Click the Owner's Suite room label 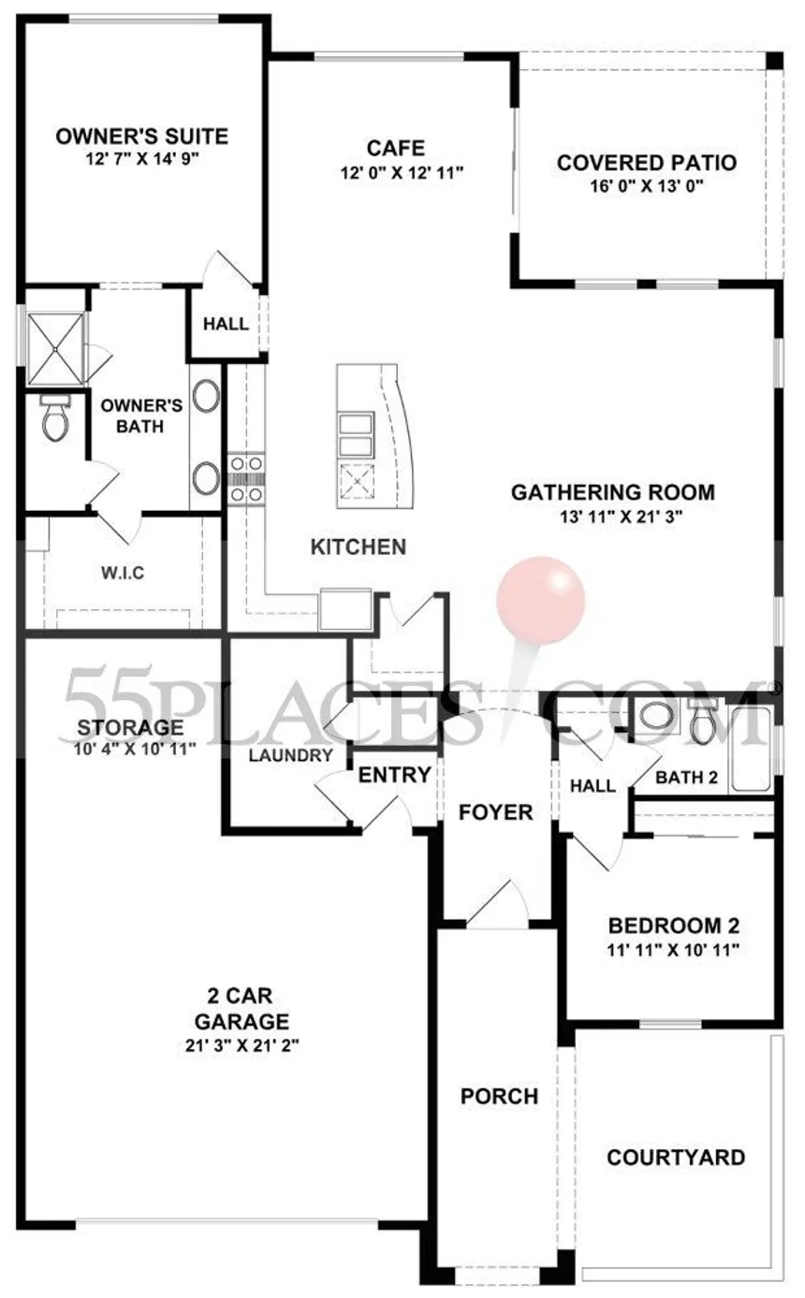[x=142, y=137]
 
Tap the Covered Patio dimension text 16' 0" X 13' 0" [x=647, y=186]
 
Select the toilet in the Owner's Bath [x=55, y=418]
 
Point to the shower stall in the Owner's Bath [x=55, y=349]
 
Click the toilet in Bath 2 [x=703, y=721]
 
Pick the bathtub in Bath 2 [x=751, y=748]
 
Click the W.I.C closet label [x=123, y=573]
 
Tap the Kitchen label [x=359, y=547]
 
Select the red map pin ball [x=540, y=600]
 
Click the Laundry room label [x=291, y=755]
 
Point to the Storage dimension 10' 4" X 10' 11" [x=135, y=750]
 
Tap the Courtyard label [x=676, y=1157]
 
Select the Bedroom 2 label [x=673, y=926]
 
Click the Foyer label [x=495, y=812]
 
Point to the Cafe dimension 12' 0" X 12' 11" [x=402, y=173]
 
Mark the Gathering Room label [x=612, y=492]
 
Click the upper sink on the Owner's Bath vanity [x=206, y=396]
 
